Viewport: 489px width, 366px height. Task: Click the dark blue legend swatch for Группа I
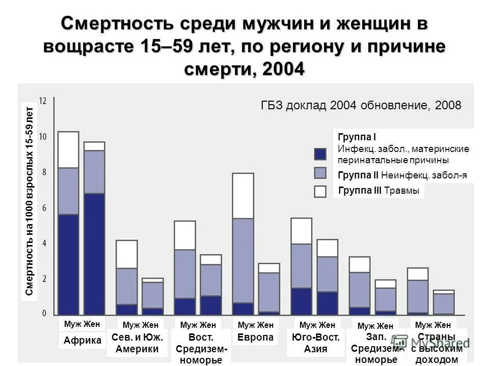[x=320, y=154]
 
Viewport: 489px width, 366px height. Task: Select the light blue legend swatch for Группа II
[x=320, y=173]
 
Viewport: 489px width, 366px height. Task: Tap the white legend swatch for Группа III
[x=320, y=191]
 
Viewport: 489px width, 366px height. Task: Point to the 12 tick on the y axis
[x=43, y=101]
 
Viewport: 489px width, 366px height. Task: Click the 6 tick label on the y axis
[x=44, y=208]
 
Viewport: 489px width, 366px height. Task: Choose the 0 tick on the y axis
[x=44, y=313]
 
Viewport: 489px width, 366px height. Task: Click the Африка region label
[x=83, y=341]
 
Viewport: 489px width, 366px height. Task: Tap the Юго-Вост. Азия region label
[x=315, y=343]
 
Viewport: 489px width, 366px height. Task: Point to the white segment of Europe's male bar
[x=243, y=196]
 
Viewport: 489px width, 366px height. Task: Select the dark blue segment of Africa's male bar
[x=68, y=264]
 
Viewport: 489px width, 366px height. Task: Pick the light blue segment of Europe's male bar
[x=243, y=260]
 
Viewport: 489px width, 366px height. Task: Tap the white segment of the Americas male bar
[x=127, y=254]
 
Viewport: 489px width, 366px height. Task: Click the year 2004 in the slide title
[x=283, y=68]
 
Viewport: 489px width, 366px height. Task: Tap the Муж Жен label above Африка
[x=83, y=323]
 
